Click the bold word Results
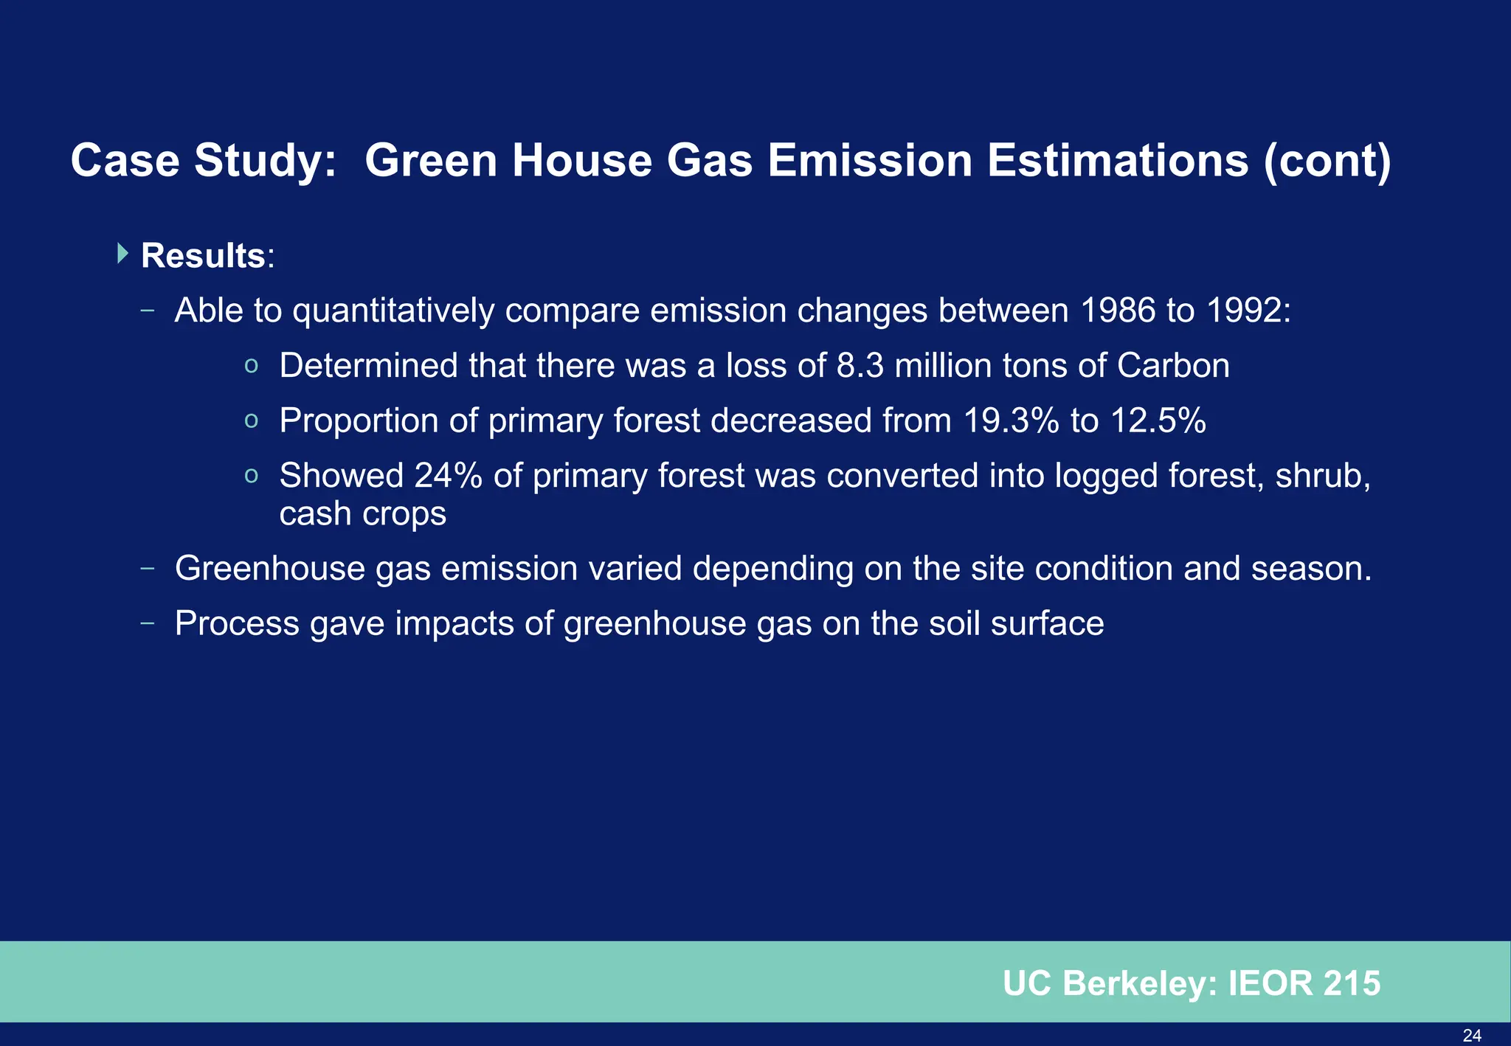(x=203, y=256)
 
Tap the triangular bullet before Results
(x=122, y=254)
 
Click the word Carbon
(x=1173, y=366)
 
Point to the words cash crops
(x=362, y=513)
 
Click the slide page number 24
(x=1471, y=1036)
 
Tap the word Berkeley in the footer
(x=1139, y=983)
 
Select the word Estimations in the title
(x=1118, y=161)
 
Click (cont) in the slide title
(x=1327, y=161)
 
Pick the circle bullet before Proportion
(x=251, y=421)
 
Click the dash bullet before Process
(x=148, y=623)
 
